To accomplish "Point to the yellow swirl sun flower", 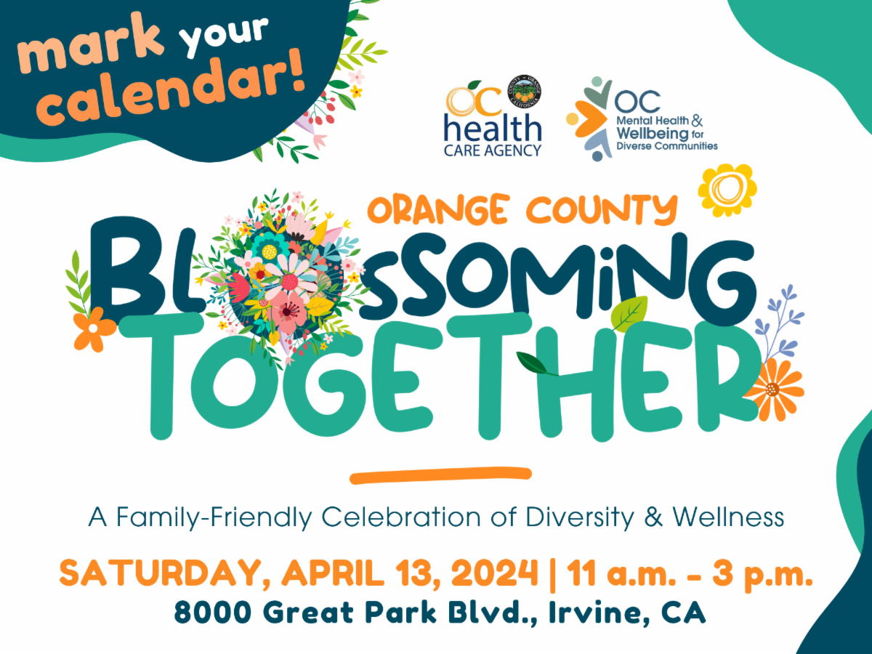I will pyautogui.click(x=727, y=190).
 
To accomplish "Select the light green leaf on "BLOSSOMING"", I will pyautogui.click(x=629, y=313).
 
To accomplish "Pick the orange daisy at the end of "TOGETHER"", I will pyautogui.click(x=775, y=389).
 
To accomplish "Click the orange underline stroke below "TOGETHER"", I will pyautogui.click(x=440, y=475).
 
